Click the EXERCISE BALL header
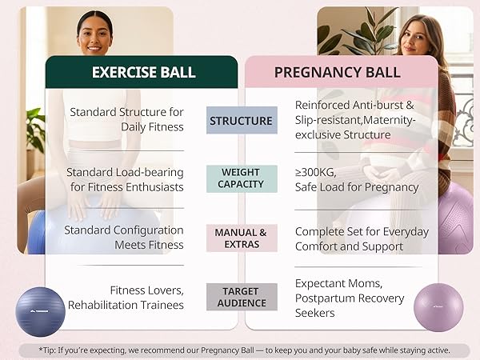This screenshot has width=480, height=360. [143, 72]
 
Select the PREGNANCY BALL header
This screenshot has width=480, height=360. [337, 72]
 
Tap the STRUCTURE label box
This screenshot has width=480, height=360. [242, 121]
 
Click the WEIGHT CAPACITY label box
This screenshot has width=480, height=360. [242, 178]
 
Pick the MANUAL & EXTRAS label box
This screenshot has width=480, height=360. [242, 238]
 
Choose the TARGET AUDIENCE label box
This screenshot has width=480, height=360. [242, 297]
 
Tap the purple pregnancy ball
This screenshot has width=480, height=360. [438, 308]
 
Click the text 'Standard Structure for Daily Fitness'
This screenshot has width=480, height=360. [126, 120]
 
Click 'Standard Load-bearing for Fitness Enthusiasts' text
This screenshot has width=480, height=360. [125, 179]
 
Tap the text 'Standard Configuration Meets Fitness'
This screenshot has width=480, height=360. [125, 238]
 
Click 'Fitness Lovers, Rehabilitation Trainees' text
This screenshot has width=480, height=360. [126, 297]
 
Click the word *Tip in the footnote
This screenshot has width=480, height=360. [50, 350]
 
